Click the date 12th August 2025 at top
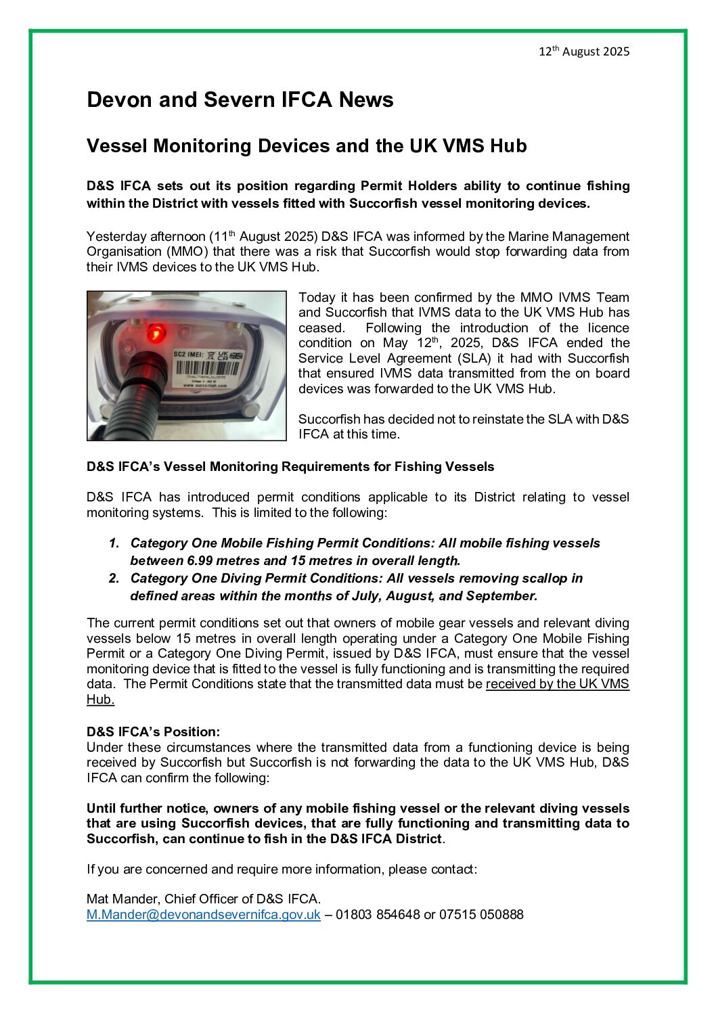point(583,51)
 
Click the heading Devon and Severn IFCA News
point(240,100)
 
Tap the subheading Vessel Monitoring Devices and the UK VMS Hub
point(306,146)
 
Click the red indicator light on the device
point(156,332)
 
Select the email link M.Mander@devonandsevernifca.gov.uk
point(203,915)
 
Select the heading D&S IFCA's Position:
point(153,732)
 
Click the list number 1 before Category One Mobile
point(114,543)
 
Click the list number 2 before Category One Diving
point(114,579)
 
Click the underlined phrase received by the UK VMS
point(557,684)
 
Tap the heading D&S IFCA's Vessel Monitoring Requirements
point(290,467)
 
